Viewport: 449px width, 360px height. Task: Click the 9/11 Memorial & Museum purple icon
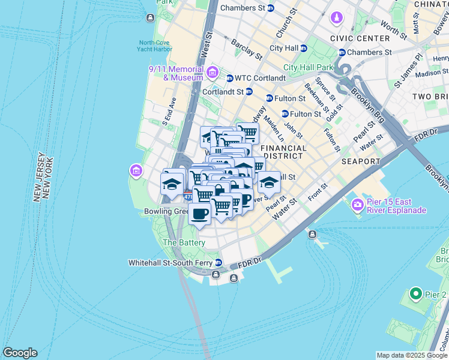coord(212,73)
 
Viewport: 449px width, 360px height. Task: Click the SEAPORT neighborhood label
coord(361,161)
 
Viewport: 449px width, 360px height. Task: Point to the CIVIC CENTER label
coord(360,38)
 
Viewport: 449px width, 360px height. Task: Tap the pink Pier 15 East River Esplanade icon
coord(358,205)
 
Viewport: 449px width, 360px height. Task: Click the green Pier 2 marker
coord(415,295)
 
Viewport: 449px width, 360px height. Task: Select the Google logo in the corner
coord(20,353)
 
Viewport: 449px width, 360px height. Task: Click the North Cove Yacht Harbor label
coord(155,46)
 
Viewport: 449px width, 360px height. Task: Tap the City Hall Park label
coord(308,67)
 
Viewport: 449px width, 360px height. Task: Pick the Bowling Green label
coord(166,212)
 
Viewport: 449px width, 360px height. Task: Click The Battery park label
coord(184,242)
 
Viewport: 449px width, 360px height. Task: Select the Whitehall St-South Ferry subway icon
coord(218,263)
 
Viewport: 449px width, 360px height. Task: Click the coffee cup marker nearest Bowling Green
coord(200,214)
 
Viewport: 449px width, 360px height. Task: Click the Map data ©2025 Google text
coord(412,355)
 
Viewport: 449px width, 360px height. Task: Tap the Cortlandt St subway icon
coord(249,92)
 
